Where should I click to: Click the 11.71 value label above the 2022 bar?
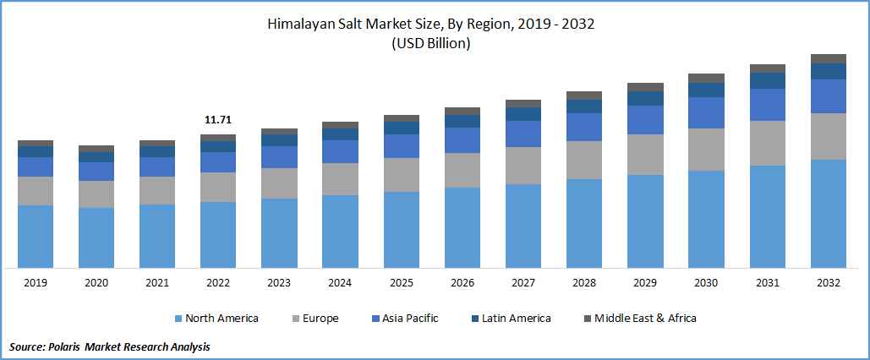(x=218, y=121)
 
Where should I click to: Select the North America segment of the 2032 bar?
(x=829, y=213)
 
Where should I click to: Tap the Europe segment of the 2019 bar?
(x=35, y=191)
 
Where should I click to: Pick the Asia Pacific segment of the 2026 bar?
(x=462, y=140)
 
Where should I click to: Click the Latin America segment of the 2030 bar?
(x=705, y=90)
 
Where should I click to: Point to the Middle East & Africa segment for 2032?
(x=829, y=58)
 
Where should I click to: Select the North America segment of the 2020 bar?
(x=96, y=237)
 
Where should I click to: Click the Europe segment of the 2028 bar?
(x=583, y=160)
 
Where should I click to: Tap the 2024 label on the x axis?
(x=340, y=283)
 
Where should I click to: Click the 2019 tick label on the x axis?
(x=35, y=283)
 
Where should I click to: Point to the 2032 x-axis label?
(x=829, y=283)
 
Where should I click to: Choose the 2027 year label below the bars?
(x=523, y=283)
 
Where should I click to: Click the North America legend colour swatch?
(x=178, y=319)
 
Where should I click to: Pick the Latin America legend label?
(x=516, y=319)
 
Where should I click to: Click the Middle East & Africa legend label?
(x=645, y=319)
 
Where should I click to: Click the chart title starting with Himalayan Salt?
(x=431, y=25)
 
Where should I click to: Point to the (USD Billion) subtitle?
(x=431, y=44)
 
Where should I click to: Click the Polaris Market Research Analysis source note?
(x=110, y=346)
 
